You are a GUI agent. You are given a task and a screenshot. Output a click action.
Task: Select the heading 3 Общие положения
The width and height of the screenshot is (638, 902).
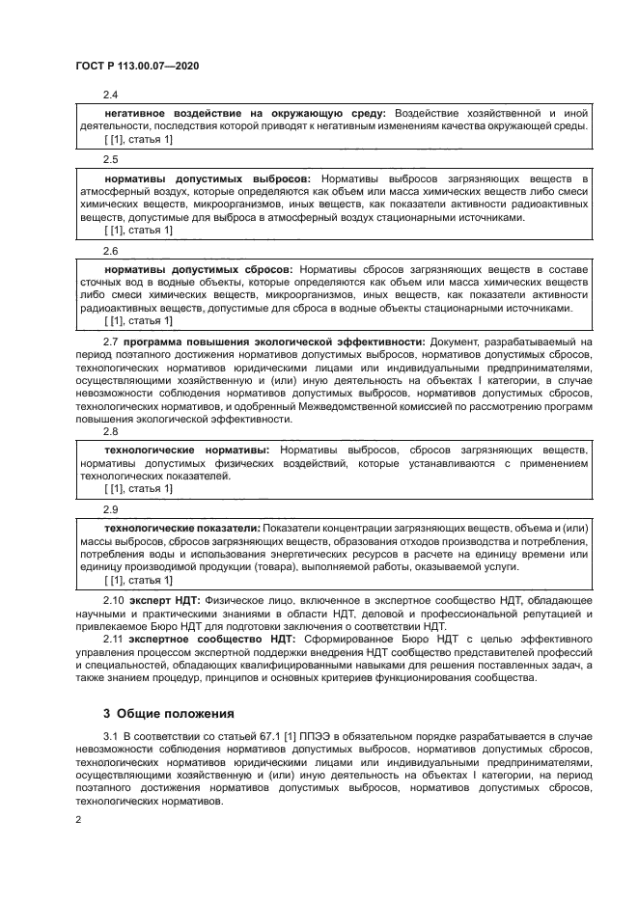pyautogui.click(x=168, y=715)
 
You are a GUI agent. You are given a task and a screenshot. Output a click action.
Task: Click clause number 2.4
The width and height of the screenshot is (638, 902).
pyautogui.click(x=110, y=95)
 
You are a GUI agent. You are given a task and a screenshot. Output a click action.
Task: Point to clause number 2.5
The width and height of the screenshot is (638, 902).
pyautogui.click(x=110, y=160)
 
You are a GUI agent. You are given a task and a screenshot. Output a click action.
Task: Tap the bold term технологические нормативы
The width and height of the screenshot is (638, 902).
pyautogui.click(x=187, y=451)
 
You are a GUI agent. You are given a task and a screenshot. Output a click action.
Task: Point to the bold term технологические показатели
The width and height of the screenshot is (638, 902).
pyautogui.click(x=181, y=529)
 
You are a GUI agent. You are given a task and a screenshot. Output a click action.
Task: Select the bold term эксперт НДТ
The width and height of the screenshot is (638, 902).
pyautogui.click(x=170, y=600)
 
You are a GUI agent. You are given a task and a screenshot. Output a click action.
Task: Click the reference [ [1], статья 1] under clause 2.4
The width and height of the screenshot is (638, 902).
pyautogui.click(x=138, y=140)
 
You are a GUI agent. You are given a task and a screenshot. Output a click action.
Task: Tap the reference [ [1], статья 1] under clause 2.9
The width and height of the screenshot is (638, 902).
pyautogui.click(x=138, y=581)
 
